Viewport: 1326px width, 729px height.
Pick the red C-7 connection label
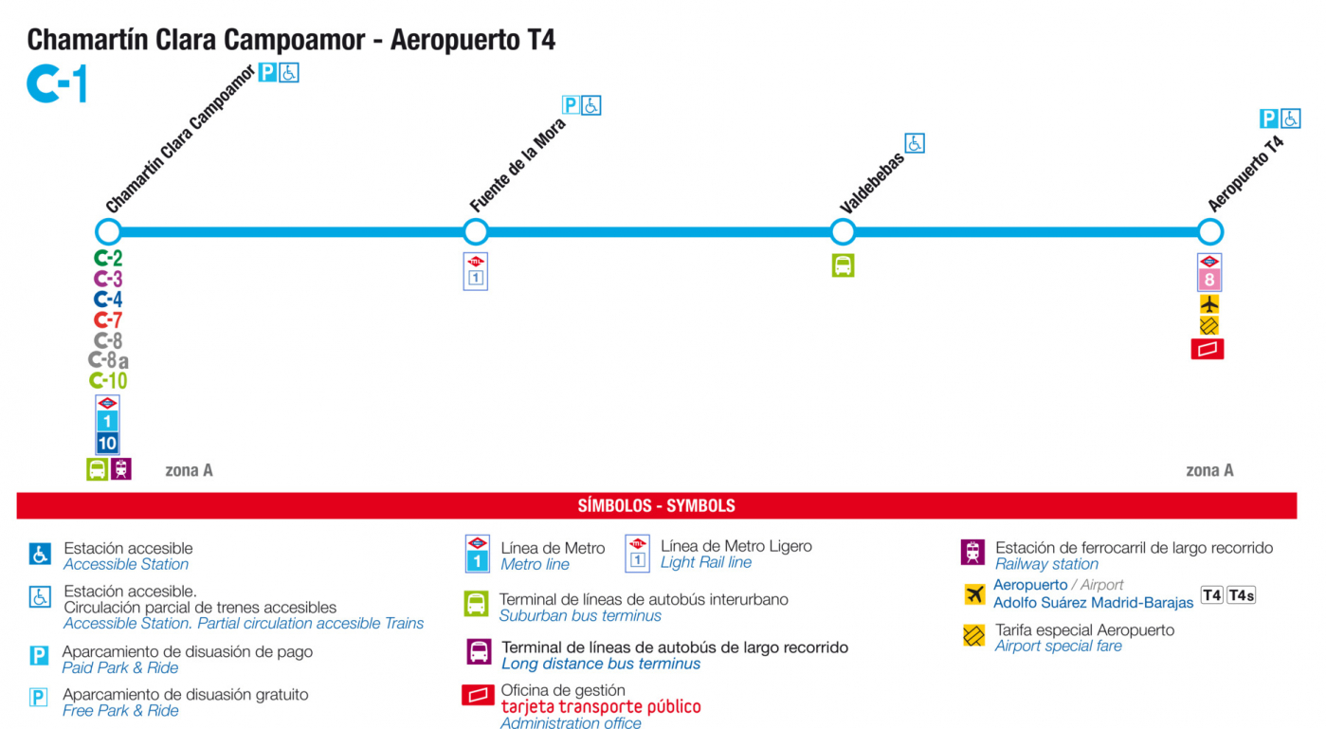(108, 320)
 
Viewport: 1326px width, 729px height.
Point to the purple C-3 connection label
(108, 279)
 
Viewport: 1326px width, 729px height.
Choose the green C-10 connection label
(108, 380)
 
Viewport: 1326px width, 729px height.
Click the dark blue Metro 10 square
(107, 443)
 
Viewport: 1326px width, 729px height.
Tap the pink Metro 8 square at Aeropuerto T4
(1209, 280)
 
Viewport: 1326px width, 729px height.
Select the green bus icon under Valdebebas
(843, 265)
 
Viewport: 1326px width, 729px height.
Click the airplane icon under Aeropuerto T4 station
(1209, 303)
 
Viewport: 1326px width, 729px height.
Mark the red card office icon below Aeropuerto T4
(1208, 349)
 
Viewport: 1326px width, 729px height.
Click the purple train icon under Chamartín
(120, 469)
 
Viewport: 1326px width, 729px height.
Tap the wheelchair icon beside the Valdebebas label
(915, 143)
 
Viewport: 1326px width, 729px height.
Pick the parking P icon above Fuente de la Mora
(570, 105)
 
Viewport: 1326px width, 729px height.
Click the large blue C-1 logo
(58, 83)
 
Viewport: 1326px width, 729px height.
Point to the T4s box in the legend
(1241, 594)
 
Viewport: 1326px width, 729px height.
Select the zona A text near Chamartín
(189, 470)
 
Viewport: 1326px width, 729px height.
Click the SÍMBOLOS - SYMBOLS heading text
(657, 505)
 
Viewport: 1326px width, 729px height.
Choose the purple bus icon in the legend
(479, 652)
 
